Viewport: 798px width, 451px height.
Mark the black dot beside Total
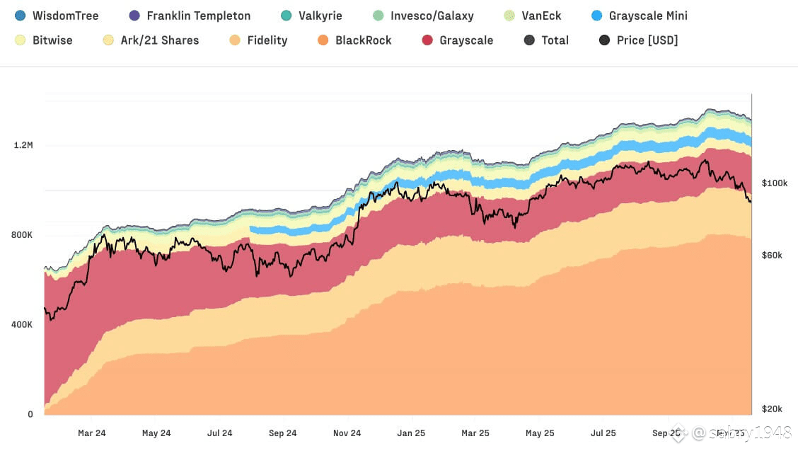(529, 40)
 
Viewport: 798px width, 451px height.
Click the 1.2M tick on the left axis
(23, 145)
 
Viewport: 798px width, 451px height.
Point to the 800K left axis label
(22, 235)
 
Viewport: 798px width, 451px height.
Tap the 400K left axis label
(22, 325)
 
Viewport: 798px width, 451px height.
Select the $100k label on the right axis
(775, 183)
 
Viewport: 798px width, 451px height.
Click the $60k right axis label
(772, 255)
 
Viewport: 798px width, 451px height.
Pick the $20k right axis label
(772, 409)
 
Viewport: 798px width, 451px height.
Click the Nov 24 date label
(347, 433)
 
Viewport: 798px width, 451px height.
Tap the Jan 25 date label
(411, 433)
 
